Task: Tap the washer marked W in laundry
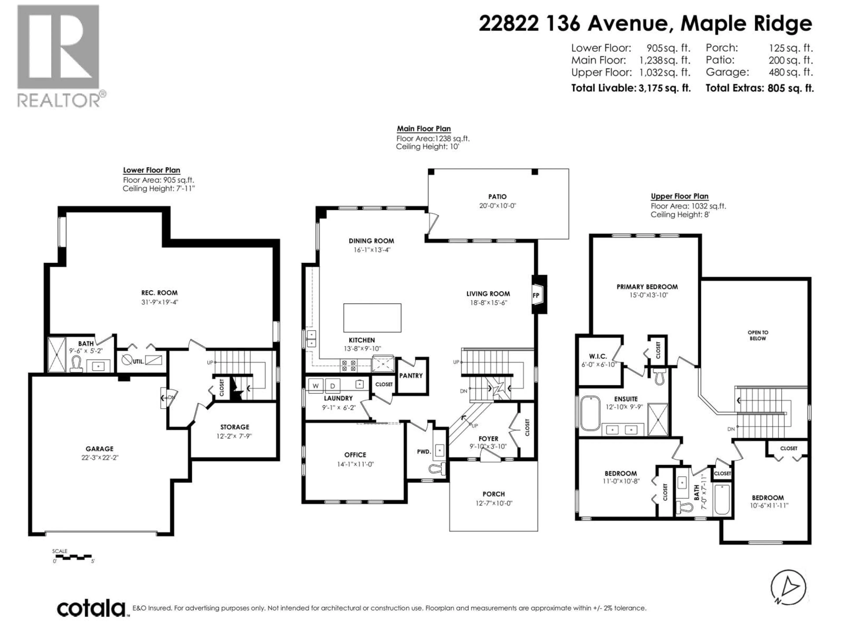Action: [316, 386]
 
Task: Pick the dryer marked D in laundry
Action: [332, 386]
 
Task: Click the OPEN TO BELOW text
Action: [758, 335]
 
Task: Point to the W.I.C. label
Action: [598, 356]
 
